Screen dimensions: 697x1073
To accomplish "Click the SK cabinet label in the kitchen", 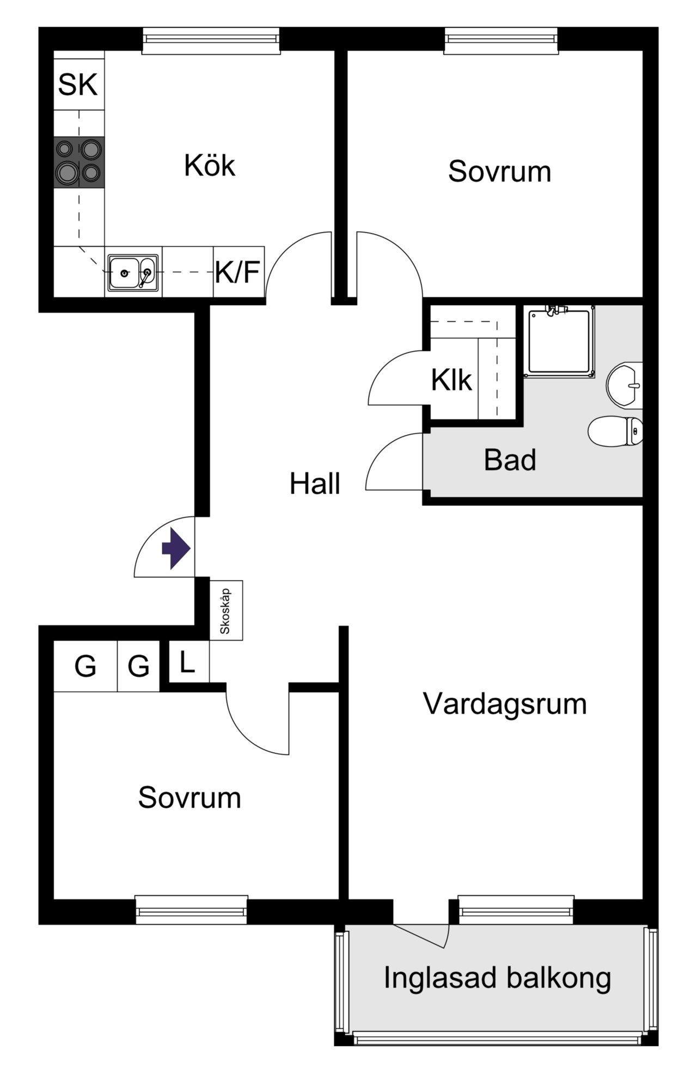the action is pyautogui.click(x=78, y=84).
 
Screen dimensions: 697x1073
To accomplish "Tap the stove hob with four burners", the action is pyautogui.click(x=79, y=162).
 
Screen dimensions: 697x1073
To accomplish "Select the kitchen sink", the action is pyautogui.click(x=133, y=272).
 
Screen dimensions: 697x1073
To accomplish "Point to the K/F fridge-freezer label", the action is pyautogui.click(x=237, y=272).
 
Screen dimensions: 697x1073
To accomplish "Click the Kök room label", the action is pyautogui.click(x=210, y=165).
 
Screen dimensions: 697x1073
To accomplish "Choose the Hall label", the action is pyautogui.click(x=315, y=484).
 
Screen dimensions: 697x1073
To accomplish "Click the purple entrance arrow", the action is pyautogui.click(x=176, y=548).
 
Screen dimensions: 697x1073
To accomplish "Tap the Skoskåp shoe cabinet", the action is pyautogui.click(x=226, y=610).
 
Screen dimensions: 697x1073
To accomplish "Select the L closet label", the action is pyautogui.click(x=187, y=662).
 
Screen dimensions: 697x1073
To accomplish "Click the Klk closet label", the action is pyautogui.click(x=451, y=380).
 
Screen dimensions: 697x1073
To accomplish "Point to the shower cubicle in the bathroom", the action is pyautogui.click(x=559, y=341).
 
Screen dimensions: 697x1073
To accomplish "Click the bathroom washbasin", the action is pyautogui.click(x=625, y=385).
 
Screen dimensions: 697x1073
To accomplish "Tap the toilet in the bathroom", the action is pyautogui.click(x=615, y=431).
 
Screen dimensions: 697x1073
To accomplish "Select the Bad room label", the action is pyautogui.click(x=510, y=460).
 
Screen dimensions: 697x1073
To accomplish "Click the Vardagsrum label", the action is pyautogui.click(x=505, y=704).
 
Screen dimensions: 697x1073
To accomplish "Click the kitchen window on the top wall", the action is pyautogui.click(x=211, y=41).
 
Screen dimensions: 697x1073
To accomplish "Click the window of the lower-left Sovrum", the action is pyautogui.click(x=191, y=910).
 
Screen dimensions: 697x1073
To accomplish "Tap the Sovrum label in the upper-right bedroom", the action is pyautogui.click(x=499, y=171).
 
